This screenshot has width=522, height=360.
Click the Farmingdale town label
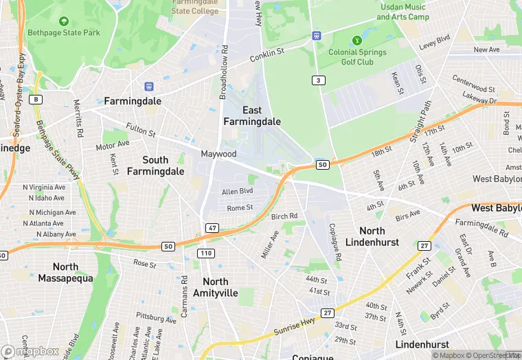tap(133, 101)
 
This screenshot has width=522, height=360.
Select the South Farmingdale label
tap(155, 165)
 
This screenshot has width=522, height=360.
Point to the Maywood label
tap(218, 154)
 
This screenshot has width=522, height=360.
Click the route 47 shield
tap(212, 227)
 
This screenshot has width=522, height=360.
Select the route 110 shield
tap(205, 254)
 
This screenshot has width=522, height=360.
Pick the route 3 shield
tap(317, 80)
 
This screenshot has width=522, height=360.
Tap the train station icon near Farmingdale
tap(148, 87)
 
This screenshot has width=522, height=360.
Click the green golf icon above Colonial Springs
tap(356, 41)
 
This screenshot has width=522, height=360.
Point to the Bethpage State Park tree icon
tap(63, 21)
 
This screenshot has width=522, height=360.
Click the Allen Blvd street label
tap(238, 191)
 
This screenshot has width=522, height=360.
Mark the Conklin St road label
tap(266, 58)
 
